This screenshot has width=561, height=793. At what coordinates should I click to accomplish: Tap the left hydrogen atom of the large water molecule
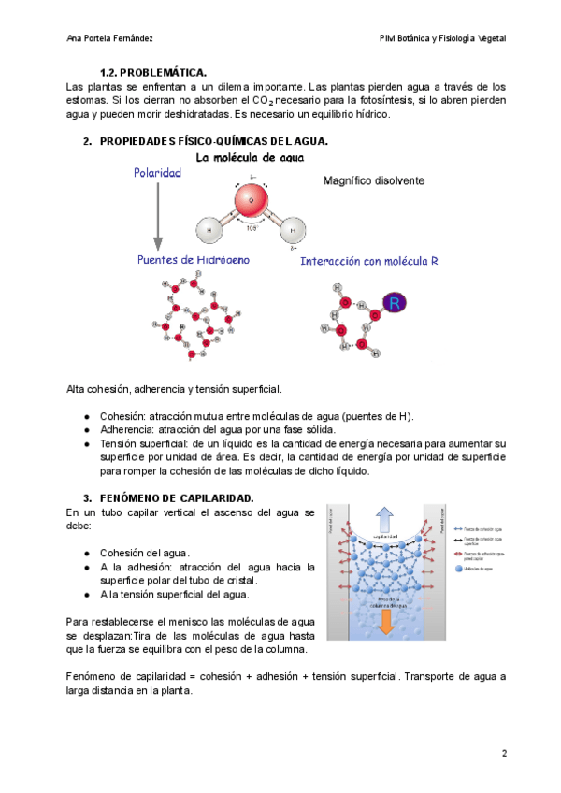click(x=209, y=229)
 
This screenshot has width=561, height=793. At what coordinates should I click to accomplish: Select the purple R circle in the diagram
click(x=396, y=303)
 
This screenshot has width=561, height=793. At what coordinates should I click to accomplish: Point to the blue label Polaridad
click(x=157, y=173)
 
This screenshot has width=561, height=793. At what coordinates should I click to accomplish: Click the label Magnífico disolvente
click(x=374, y=180)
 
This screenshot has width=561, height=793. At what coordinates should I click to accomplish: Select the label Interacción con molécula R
click(x=369, y=262)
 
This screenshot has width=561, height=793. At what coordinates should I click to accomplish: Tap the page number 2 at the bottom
click(x=504, y=753)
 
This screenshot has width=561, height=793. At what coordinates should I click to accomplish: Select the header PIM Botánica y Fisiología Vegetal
click(x=442, y=38)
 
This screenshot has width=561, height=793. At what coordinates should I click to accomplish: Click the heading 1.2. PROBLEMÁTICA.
click(x=153, y=72)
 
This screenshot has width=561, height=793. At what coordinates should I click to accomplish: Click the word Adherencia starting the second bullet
click(x=127, y=429)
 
